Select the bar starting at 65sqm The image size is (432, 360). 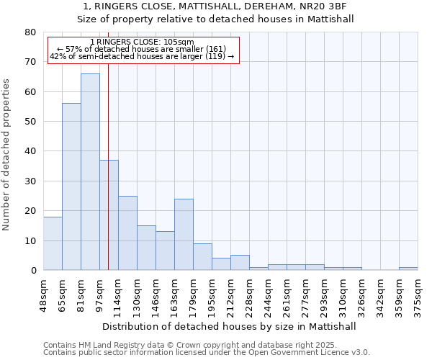pyautogui.click(x=71, y=186)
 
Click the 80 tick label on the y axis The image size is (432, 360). pyautogui.click(x=30, y=32)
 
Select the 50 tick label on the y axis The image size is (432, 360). pyautogui.click(x=30, y=122)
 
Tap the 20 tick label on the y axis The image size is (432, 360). pyautogui.click(x=30, y=211)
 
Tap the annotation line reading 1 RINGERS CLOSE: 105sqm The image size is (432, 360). pyautogui.click(x=143, y=42)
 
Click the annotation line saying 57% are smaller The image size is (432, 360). pyautogui.click(x=143, y=49)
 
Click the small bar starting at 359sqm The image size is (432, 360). pyautogui.click(x=408, y=269)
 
